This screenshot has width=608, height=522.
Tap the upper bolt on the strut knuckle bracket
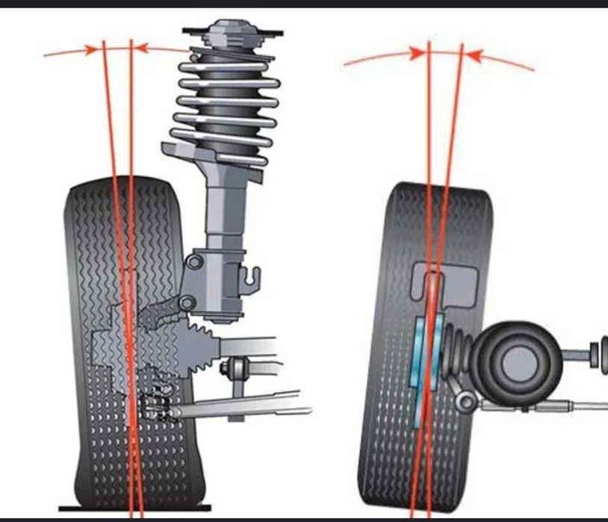(195, 261)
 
